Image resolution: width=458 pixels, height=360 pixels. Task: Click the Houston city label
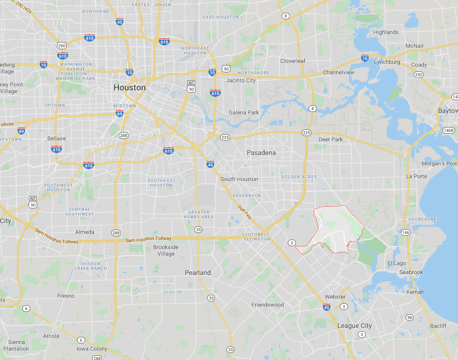(x=130, y=88)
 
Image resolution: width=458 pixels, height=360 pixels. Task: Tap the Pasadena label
(x=261, y=153)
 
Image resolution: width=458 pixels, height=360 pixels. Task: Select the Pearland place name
(x=198, y=273)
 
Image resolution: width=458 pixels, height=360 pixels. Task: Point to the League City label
(x=354, y=326)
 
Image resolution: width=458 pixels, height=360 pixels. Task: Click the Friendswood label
(x=268, y=305)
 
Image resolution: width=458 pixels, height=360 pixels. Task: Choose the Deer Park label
(x=330, y=140)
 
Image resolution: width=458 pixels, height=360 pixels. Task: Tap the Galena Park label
(x=244, y=112)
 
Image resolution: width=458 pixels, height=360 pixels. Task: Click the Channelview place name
(x=338, y=72)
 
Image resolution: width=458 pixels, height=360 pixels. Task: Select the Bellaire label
(x=56, y=138)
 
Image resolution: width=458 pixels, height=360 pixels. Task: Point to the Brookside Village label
(x=166, y=250)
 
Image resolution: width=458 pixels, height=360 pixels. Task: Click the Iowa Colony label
(x=92, y=349)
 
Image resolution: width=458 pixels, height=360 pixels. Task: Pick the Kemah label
(x=415, y=292)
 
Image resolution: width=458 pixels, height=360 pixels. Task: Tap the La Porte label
(x=416, y=176)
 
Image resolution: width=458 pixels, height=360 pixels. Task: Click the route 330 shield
(x=418, y=75)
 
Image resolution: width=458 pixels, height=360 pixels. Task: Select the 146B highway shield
(x=449, y=130)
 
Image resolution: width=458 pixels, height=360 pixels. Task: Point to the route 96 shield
(x=409, y=317)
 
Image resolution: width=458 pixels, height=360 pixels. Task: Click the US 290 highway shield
(x=61, y=45)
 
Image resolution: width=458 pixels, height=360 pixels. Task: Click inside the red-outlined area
(x=331, y=227)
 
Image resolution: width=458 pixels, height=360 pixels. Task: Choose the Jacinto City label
(x=241, y=80)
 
